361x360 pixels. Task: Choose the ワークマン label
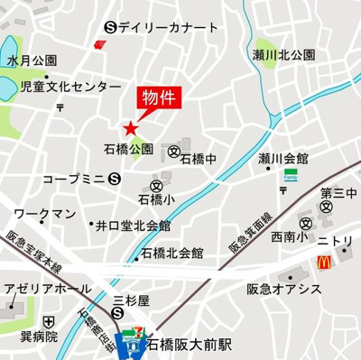[45, 213]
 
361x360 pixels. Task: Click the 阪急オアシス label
[284, 289]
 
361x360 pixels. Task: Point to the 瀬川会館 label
[282, 158]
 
